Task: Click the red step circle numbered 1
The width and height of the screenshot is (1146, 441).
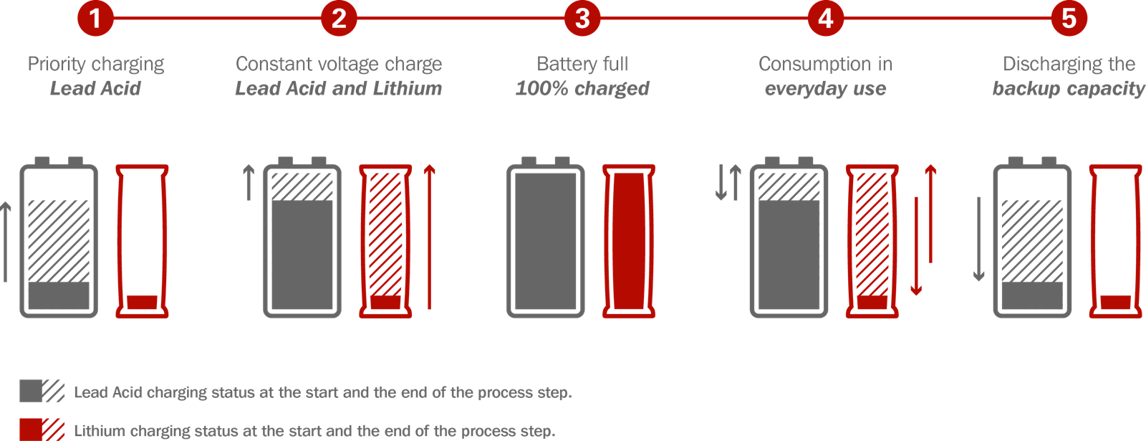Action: [x=95, y=18]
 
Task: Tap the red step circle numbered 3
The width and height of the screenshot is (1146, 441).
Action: [x=582, y=18]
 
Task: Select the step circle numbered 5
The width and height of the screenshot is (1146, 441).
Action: [x=1069, y=18]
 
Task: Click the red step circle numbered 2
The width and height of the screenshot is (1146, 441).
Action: [x=339, y=18]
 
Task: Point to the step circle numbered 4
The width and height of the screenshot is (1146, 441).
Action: [x=826, y=18]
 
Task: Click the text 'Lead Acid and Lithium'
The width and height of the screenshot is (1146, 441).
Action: [x=339, y=88]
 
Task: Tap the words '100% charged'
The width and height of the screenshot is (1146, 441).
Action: [x=582, y=88]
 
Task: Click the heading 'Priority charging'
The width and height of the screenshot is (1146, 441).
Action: [x=96, y=64]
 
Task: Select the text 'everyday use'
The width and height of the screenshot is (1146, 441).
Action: [x=825, y=88]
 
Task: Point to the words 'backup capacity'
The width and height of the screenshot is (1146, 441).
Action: [x=1069, y=88]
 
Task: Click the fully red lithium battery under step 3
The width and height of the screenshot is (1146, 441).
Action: [x=629, y=241]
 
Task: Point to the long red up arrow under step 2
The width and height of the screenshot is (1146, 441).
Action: [x=429, y=237]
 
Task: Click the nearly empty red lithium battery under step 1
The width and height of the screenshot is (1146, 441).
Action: [x=142, y=241]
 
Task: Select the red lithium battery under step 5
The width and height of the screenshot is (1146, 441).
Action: [x=1115, y=241]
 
